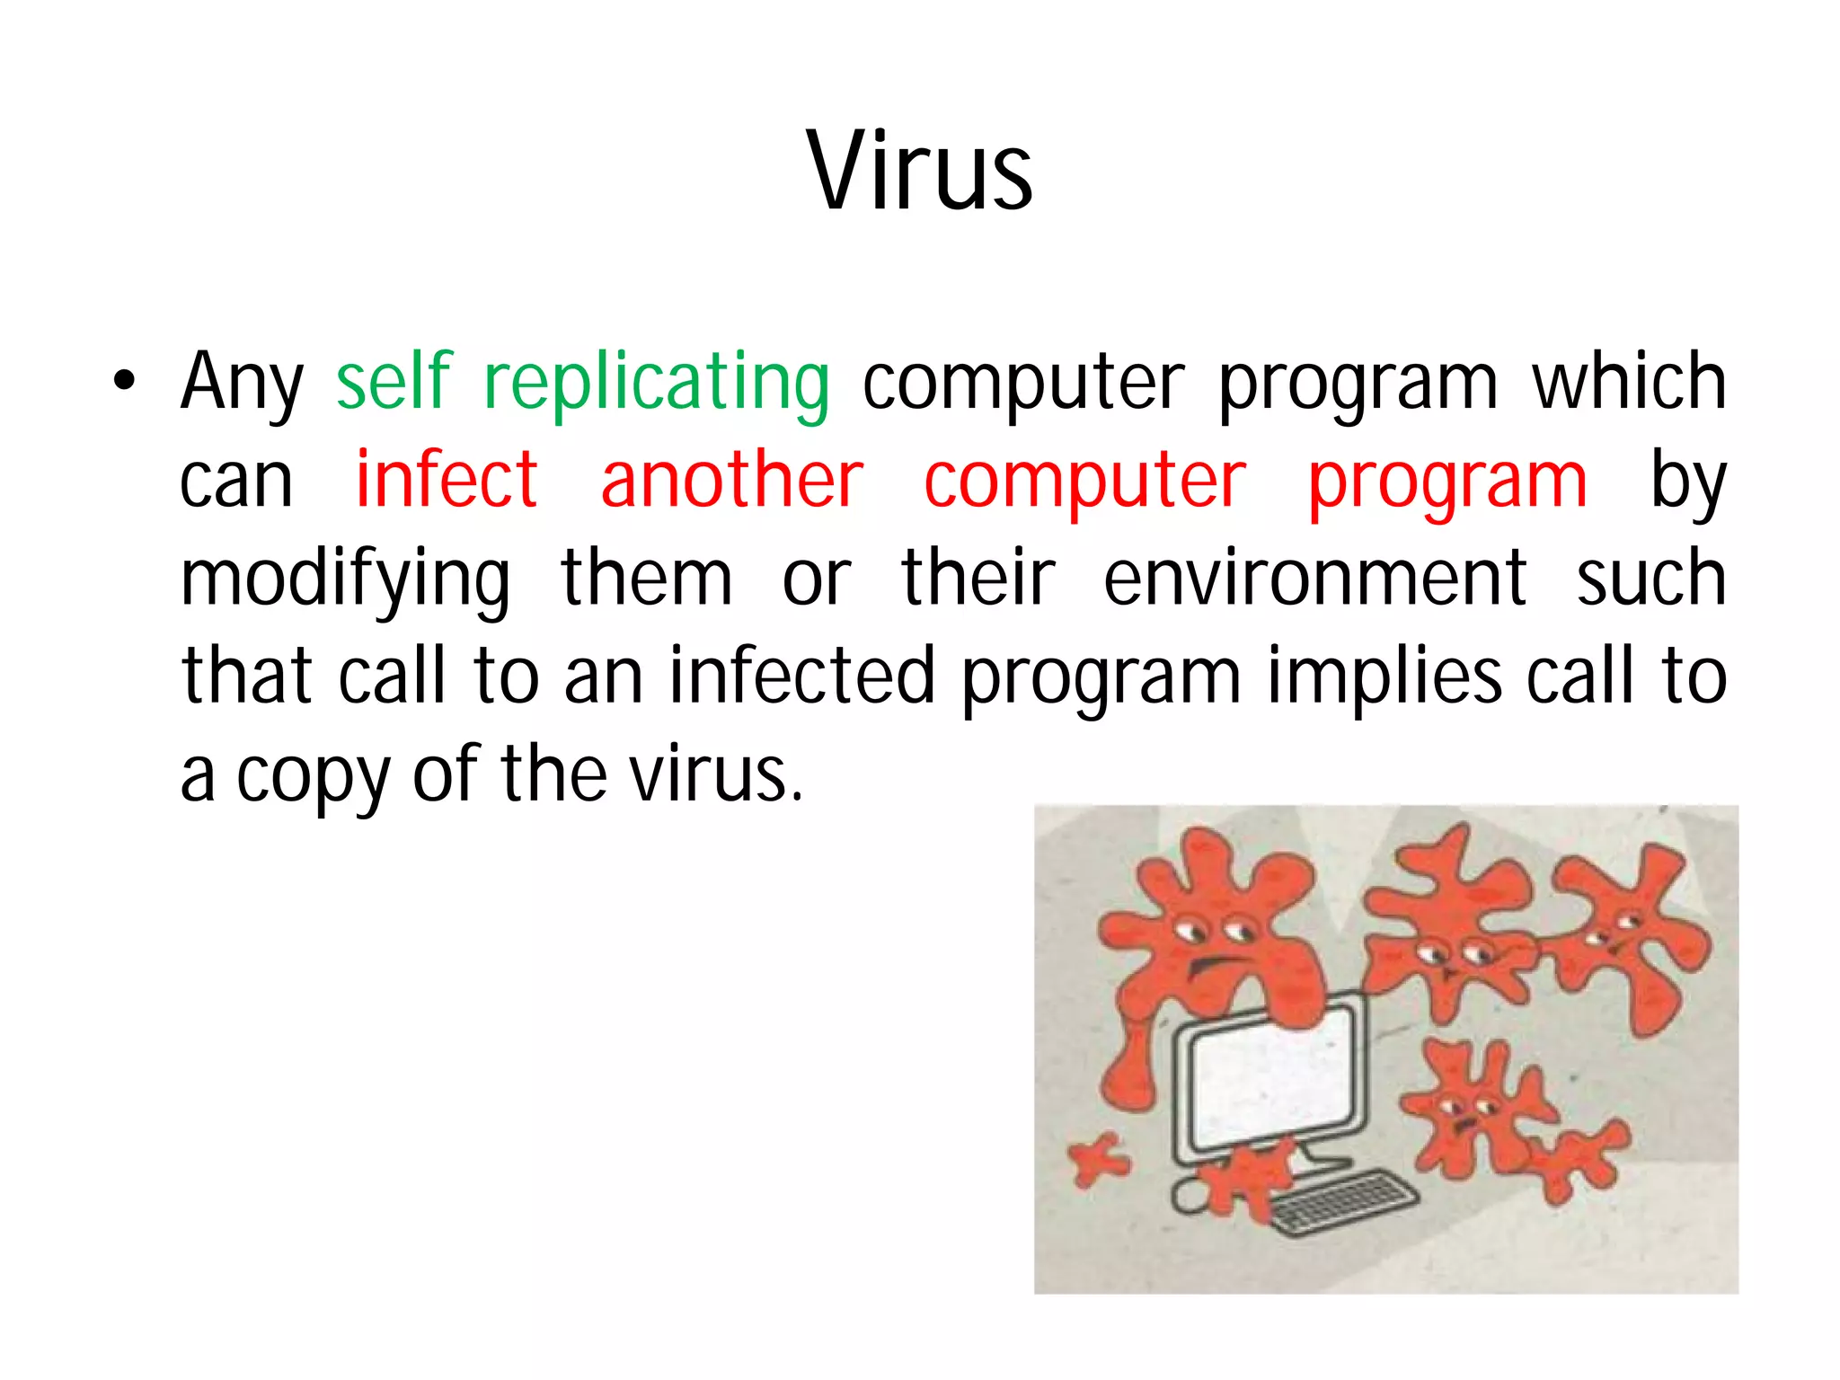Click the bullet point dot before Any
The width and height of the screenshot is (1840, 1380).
(124, 382)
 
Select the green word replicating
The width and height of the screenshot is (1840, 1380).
(656, 384)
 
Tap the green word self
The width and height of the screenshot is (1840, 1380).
(394, 382)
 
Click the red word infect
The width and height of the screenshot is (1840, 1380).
(447, 481)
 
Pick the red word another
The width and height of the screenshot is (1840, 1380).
(731, 481)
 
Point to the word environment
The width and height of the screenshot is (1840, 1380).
(1314, 579)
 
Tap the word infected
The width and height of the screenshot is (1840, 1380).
(802, 676)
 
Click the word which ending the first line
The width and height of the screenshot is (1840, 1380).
(1629, 382)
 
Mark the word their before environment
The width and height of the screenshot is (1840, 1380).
(977, 579)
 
